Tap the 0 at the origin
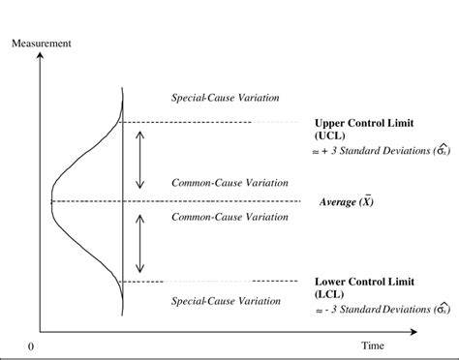(x=32, y=345)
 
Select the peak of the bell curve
(x=51, y=200)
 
